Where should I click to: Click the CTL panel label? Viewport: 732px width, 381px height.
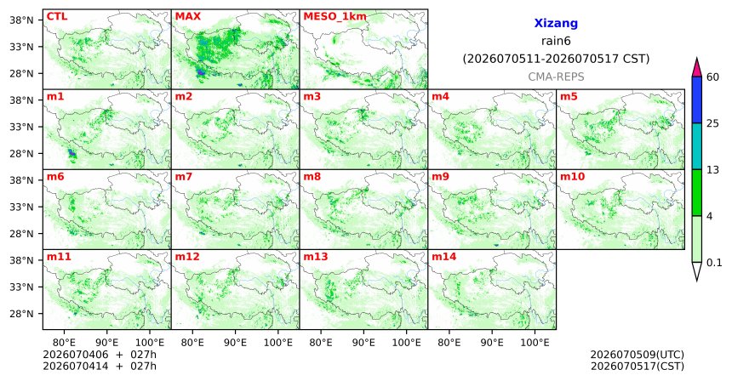(x=57, y=16)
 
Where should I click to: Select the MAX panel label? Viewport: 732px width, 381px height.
(x=187, y=16)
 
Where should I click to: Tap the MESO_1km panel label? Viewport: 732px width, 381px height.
(x=335, y=17)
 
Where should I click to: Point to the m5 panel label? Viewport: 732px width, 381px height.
(x=569, y=97)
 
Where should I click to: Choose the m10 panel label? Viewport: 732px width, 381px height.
(x=572, y=177)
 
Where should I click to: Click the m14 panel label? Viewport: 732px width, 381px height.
(x=444, y=257)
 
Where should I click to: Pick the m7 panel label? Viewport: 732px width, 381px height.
(x=184, y=177)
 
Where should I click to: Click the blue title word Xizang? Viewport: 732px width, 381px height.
(x=556, y=23)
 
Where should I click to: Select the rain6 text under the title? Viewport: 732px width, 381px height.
(x=556, y=41)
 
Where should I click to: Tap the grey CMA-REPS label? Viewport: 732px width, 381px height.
(x=556, y=77)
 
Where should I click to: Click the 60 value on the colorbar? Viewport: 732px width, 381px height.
(x=713, y=77)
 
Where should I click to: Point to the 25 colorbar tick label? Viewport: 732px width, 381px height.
(x=713, y=123)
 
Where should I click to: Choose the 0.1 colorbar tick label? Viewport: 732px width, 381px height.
(x=714, y=263)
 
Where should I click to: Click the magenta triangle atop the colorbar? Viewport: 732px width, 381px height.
(x=697, y=68)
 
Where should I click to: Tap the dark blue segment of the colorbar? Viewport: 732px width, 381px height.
(x=697, y=100)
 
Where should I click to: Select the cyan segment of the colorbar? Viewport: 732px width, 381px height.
(x=697, y=146)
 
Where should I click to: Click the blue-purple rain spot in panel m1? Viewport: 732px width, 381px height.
(x=71, y=153)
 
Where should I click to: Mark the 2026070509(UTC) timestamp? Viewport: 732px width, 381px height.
(x=638, y=355)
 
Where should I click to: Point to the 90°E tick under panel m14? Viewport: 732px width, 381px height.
(x=492, y=344)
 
